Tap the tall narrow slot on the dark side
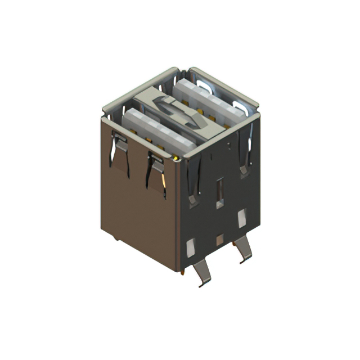click(x=219, y=191)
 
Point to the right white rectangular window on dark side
click(x=242, y=218)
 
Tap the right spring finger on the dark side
click(x=245, y=152)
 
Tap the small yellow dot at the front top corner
click(x=177, y=159)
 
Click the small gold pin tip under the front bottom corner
click(x=182, y=273)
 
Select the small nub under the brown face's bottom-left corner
click(x=116, y=238)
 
